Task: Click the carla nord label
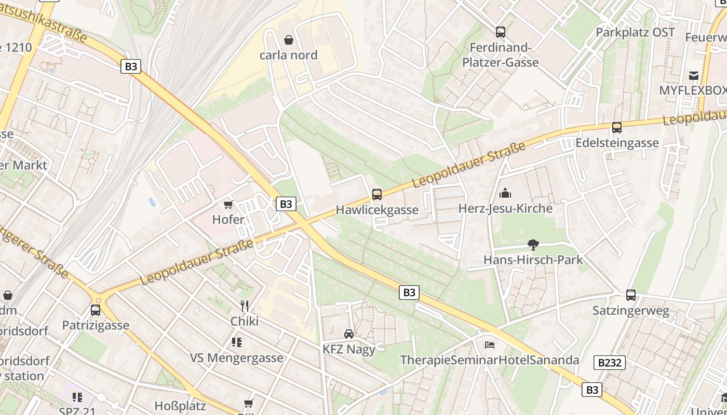pyautogui.click(x=288, y=55)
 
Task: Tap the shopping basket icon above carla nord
pyautogui.click(x=288, y=40)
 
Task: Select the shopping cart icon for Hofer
pyautogui.click(x=228, y=205)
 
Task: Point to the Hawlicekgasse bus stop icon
pyautogui.click(x=377, y=195)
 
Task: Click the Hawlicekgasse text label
pyautogui.click(x=377, y=210)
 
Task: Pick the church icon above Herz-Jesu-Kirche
pyautogui.click(x=505, y=193)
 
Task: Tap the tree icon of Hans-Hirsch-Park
pyautogui.click(x=533, y=245)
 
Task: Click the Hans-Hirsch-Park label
pyautogui.click(x=533, y=260)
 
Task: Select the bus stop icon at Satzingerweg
pyautogui.click(x=631, y=295)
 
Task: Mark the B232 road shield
pyautogui.click(x=610, y=363)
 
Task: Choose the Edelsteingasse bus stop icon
pyautogui.click(x=617, y=128)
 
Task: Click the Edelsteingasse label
pyautogui.click(x=617, y=143)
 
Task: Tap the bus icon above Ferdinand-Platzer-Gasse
pyautogui.click(x=501, y=32)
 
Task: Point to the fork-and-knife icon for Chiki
pyautogui.click(x=245, y=306)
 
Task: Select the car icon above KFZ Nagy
pyautogui.click(x=349, y=334)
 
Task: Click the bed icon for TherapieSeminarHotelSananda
pyautogui.click(x=489, y=345)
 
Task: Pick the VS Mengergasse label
pyautogui.click(x=237, y=358)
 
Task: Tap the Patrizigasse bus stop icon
pyautogui.click(x=96, y=310)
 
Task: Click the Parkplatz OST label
pyautogui.click(x=635, y=32)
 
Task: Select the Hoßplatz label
pyautogui.click(x=180, y=406)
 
